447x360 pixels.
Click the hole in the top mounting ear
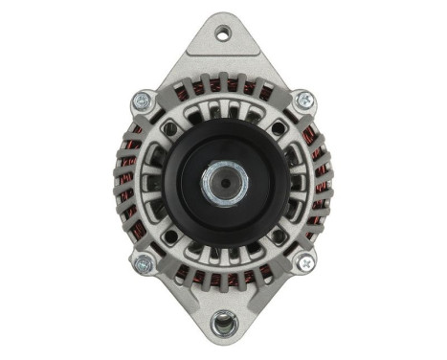(x=223, y=34)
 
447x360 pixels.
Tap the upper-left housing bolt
(x=144, y=99)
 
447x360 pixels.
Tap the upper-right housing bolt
(x=303, y=99)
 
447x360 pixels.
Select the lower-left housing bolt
(x=144, y=261)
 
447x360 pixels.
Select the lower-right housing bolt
(x=303, y=259)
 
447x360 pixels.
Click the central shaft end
(x=224, y=179)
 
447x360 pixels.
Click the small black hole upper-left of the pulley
(x=170, y=127)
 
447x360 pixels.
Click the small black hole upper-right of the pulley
(x=278, y=128)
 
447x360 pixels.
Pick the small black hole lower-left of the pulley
(x=170, y=234)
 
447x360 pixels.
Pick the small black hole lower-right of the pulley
(x=278, y=234)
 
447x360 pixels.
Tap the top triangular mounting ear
(x=223, y=53)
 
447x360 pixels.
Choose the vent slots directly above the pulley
(x=224, y=111)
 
